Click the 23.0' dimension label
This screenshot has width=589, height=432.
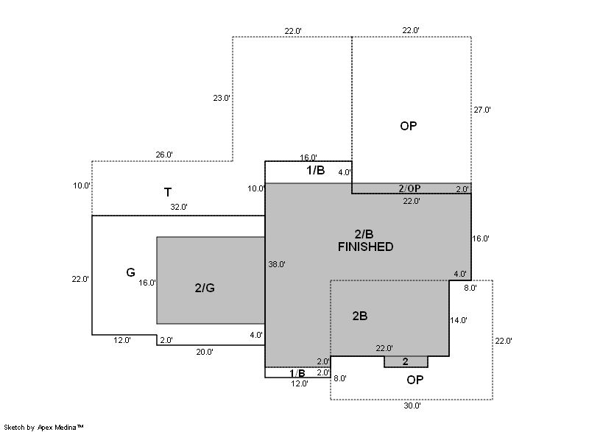[x=222, y=98]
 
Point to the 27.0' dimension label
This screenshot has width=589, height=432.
[x=482, y=110]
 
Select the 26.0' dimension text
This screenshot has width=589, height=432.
[x=164, y=155]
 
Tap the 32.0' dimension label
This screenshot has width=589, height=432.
[x=179, y=207]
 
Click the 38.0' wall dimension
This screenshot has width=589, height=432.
[x=277, y=264]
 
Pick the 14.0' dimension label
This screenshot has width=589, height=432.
[x=459, y=320]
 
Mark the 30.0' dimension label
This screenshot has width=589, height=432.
[x=412, y=406]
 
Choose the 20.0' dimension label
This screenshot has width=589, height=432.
[x=205, y=352]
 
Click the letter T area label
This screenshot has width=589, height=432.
[x=168, y=192]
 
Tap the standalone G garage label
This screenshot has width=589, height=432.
[x=130, y=272]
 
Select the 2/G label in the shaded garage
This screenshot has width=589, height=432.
[x=205, y=288]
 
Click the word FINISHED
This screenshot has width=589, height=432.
[x=365, y=247]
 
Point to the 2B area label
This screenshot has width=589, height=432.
[x=360, y=316]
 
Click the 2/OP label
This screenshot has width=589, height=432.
[x=409, y=188]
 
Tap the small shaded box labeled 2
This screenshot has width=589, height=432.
[x=406, y=362]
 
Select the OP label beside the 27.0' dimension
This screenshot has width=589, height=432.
[x=409, y=126]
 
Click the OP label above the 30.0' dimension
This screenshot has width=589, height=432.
[x=415, y=380]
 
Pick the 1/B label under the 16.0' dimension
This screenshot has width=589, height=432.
[x=316, y=170]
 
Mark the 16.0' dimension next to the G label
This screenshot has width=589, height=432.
[x=147, y=283]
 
